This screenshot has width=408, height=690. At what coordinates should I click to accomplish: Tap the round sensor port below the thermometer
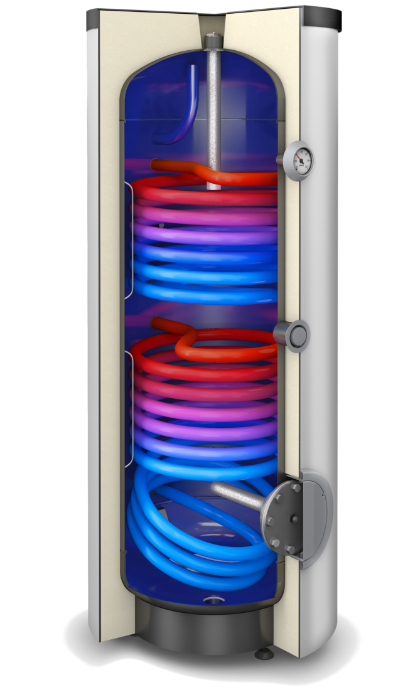pos(297,334)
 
